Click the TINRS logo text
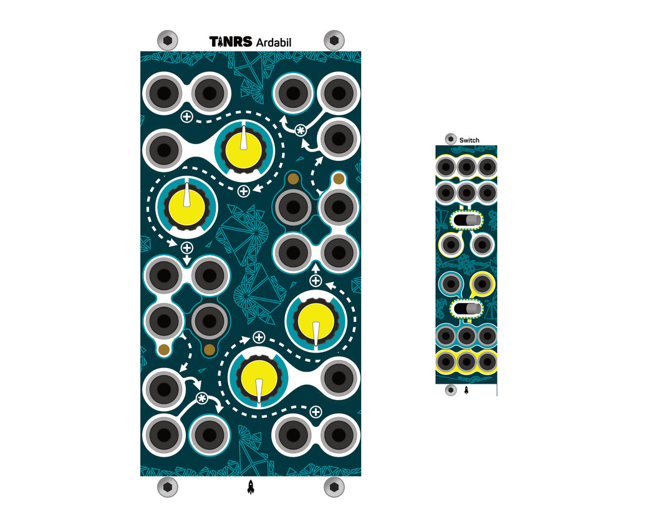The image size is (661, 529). click(x=231, y=41)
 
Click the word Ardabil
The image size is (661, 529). click(x=274, y=42)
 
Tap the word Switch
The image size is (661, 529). click(x=469, y=140)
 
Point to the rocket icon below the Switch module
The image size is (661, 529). click(x=466, y=390)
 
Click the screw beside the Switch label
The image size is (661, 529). click(x=451, y=138)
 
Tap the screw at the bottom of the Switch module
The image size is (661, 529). click(x=451, y=390)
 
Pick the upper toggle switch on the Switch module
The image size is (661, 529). click(x=466, y=221)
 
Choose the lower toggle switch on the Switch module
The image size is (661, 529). click(x=466, y=309)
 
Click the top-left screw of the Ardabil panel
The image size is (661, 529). click(x=167, y=41)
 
